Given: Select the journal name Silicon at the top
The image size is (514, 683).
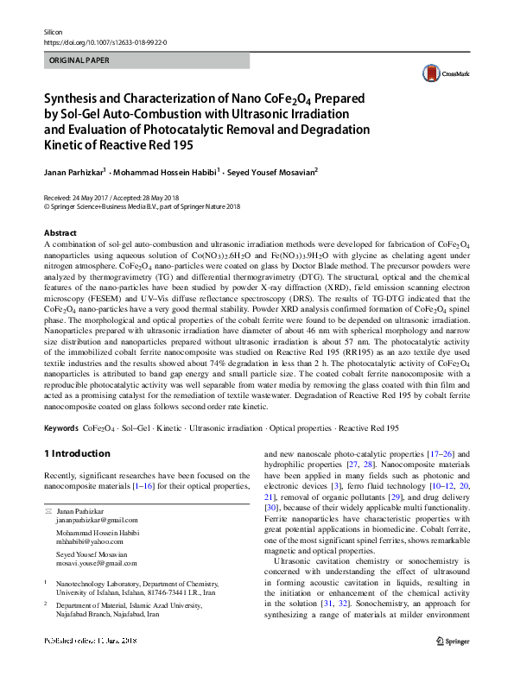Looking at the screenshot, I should point(55,30).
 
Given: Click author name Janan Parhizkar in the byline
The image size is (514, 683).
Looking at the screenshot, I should point(73,171).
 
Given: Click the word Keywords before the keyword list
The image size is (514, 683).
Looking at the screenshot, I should point(60,427).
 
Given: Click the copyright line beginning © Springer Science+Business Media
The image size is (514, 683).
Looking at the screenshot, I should point(143,206).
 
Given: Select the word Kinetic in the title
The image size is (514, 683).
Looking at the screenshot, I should point(68,147).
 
